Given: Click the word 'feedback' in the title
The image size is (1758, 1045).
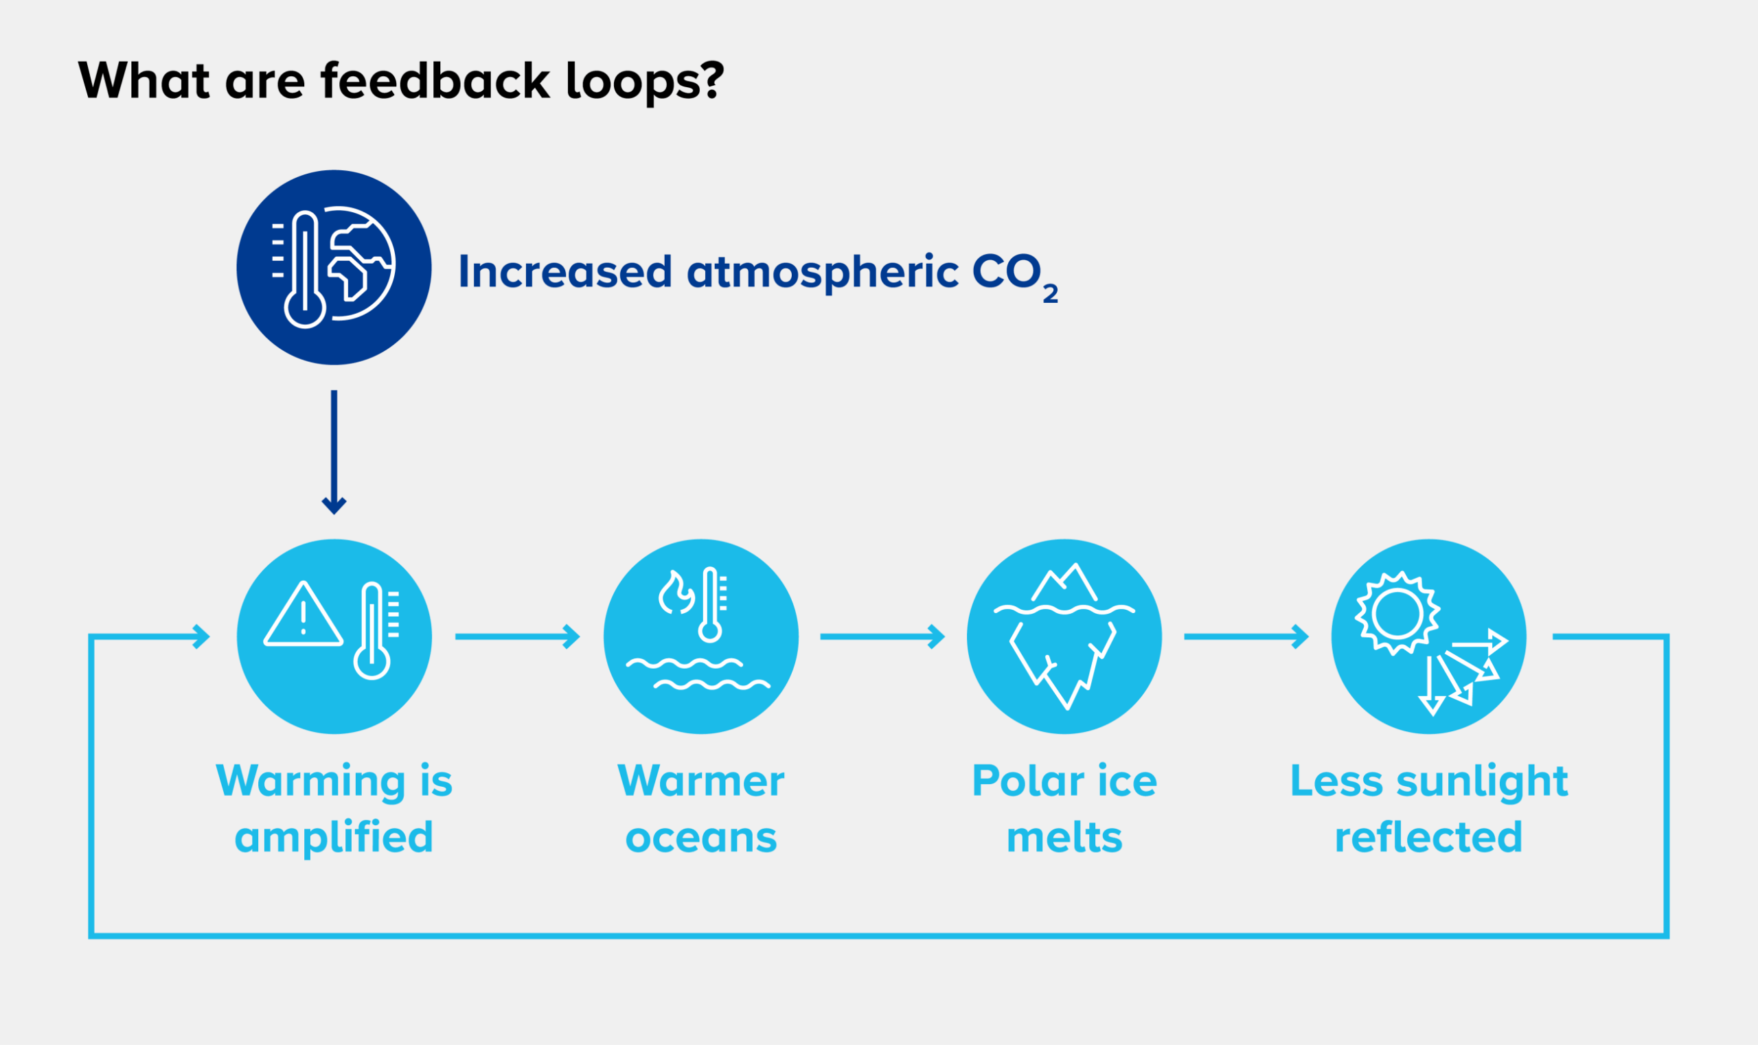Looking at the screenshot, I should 435,80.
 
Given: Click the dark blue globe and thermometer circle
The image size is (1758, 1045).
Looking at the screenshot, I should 334,268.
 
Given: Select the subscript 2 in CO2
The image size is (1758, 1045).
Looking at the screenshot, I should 1050,294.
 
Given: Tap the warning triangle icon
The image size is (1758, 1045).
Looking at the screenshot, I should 303,615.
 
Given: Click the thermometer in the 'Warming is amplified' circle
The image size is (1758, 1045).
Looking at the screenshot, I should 372,631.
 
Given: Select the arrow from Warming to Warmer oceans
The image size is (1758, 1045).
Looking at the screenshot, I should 518,636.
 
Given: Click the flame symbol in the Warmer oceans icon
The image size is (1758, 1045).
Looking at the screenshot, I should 676,593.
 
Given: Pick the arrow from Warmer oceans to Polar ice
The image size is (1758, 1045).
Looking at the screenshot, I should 882,636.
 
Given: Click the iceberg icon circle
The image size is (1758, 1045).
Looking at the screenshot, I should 1064,636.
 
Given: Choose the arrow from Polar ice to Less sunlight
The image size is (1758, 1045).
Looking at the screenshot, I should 1246,636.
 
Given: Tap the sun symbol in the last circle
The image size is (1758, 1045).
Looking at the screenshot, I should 1397,612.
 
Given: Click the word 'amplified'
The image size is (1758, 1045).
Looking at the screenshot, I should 334,838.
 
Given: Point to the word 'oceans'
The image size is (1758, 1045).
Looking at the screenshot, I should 701,838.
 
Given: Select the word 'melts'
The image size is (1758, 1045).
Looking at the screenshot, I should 1064,838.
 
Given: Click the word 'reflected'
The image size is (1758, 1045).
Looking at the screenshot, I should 1428,838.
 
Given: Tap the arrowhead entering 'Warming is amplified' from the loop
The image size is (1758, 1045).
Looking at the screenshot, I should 201,636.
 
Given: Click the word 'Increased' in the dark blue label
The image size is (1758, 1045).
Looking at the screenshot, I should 565,272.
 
